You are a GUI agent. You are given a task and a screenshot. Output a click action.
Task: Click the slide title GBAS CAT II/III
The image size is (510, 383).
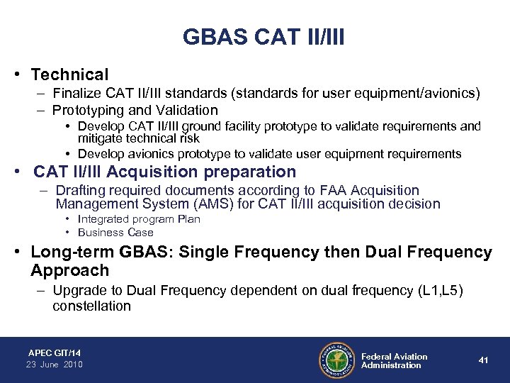tap(263, 36)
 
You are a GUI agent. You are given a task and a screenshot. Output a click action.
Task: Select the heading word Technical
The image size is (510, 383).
tap(69, 74)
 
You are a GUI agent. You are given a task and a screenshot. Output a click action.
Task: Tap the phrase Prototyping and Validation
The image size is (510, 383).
tap(137, 110)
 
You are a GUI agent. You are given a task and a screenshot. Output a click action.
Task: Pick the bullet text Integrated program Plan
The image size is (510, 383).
tap(139, 219)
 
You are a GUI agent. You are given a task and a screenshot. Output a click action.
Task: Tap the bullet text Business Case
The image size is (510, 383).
tap(115, 232)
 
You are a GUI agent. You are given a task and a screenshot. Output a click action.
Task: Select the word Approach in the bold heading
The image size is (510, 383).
tap(70, 270)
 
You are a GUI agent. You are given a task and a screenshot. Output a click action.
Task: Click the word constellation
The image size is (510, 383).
tap(91, 306)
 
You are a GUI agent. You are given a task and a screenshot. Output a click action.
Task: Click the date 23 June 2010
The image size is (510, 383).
tap(55, 364)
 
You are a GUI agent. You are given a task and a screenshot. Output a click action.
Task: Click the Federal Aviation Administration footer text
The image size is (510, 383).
tap(394, 360)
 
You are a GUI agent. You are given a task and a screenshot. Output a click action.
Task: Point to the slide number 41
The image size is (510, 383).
tap(483, 360)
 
